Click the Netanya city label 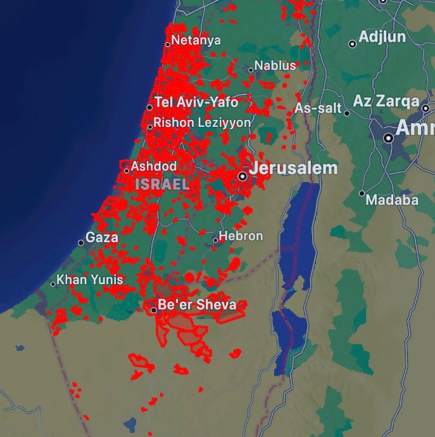coord(196,41)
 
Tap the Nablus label coord(275,66)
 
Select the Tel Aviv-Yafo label coord(196,103)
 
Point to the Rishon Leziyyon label coord(202,122)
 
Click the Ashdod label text coord(154,166)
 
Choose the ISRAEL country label coord(162,184)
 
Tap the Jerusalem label coord(294,169)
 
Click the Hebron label coord(241,236)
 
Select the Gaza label coord(102,238)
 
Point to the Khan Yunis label coord(90,279)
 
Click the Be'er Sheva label coord(197,305)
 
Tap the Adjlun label coord(382,37)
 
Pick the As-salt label coord(318,108)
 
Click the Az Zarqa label coord(386,101)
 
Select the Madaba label coord(393,200)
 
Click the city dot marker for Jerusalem coord(243,176)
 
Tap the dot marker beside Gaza coord(81,243)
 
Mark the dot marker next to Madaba coord(362,193)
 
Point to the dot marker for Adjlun coord(353,44)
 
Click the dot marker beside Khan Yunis coord(53,284)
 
